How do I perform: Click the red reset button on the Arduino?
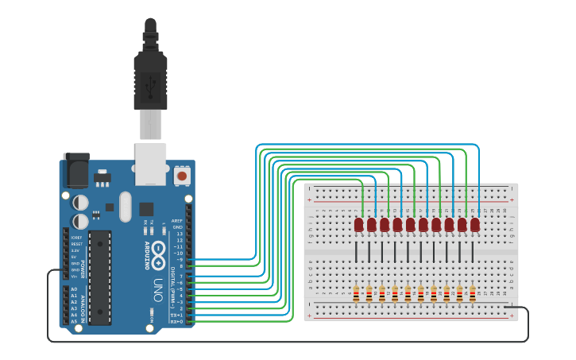point(182,175)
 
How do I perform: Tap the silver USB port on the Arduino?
point(150,164)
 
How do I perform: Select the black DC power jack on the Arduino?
point(76,169)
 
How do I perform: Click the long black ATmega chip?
point(99,266)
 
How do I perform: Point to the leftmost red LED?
point(358,225)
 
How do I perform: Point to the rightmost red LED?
point(474,225)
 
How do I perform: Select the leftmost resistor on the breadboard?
point(357,293)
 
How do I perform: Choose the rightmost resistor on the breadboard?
point(472,293)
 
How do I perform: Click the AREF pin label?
point(177,221)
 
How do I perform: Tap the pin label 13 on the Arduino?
point(179,234)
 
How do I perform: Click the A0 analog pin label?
point(74,289)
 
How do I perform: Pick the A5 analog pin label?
point(74,321)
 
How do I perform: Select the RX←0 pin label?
point(176,321)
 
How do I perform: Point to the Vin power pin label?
point(75,276)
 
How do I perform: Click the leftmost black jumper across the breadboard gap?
point(357,251)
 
